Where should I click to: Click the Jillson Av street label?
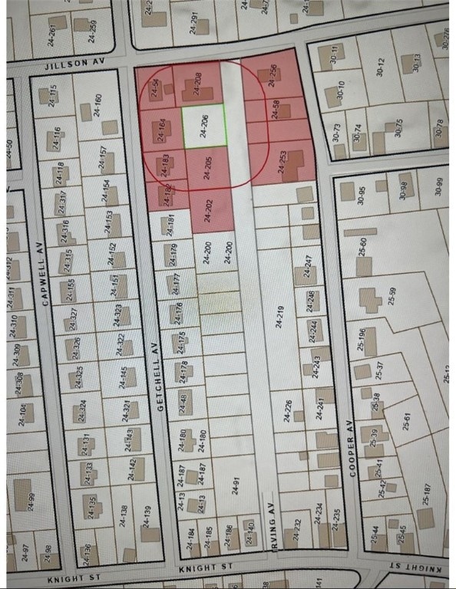(x=73, y=65)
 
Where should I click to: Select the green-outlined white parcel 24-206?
(x=204, y=126)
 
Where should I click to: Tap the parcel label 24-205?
(x=207, y=168)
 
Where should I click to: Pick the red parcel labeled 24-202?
(x=207, y=209)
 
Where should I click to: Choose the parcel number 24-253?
(x=281, y=160)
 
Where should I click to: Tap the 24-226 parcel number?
(x=289, y=410)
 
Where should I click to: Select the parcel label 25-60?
(x=364, y=246)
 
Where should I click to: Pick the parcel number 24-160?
(x=97, y=105)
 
